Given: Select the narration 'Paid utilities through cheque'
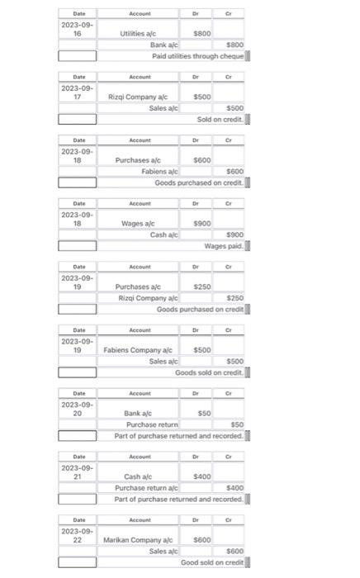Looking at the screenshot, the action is click(197, 56).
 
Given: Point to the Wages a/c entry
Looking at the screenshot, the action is click(139, 223).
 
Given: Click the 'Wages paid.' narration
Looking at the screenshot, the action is click(223, 246).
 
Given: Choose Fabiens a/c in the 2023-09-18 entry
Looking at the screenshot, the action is click(159, 171).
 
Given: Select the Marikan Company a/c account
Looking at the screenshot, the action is click(138, 539).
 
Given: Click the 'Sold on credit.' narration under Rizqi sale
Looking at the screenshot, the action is click(220, 120).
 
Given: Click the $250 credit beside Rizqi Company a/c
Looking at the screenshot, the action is click(234, 298).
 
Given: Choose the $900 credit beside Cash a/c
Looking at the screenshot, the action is click(234, 235).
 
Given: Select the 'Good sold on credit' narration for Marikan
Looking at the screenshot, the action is click(212, 562).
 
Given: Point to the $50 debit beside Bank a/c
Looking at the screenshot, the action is click(204, 413).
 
